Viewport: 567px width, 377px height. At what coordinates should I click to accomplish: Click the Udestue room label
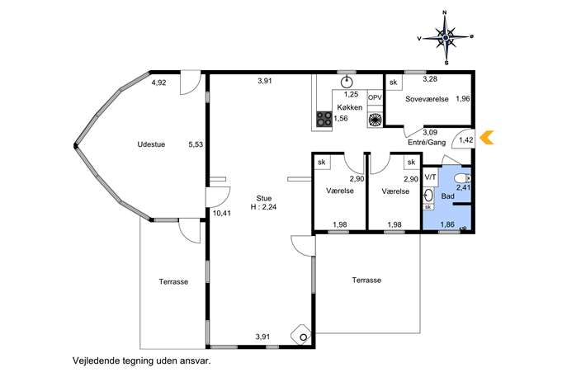[151, 144]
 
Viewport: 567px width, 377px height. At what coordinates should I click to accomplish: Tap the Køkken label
[350, 107]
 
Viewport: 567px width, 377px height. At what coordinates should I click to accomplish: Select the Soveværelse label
[427, 99]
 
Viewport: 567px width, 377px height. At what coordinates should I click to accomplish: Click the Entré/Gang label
[427, 143]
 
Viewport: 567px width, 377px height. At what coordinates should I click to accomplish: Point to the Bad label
[447, 196]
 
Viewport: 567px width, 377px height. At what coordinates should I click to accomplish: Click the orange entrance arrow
[487, 138]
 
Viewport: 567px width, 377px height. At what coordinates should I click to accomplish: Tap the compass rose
[446, 37]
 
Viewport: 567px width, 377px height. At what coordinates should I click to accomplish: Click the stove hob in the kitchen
[324, 119]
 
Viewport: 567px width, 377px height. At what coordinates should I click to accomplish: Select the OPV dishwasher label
[375, 97]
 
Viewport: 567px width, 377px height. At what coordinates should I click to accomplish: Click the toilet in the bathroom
[463, 178]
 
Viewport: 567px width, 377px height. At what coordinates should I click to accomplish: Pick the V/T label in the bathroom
[430, 177]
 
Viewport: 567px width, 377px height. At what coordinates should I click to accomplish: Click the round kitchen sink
[347, 82]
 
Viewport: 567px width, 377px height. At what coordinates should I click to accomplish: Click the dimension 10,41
[222, 214]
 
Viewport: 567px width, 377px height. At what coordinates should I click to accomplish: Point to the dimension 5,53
[196, 144]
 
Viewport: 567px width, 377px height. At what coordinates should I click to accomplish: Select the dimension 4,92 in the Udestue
[158, 82]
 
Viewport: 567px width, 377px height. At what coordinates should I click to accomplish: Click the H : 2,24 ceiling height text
[263, 207]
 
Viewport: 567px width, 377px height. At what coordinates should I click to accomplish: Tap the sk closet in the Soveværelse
[394, 82]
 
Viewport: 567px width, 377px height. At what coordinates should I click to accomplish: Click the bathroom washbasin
[428, 196]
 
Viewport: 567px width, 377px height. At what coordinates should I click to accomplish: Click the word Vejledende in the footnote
[92, 361]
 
